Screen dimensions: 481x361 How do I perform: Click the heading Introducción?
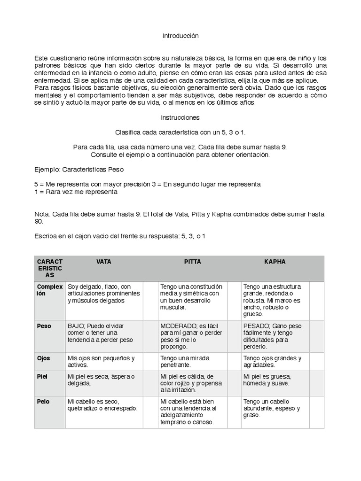tap(180, 36)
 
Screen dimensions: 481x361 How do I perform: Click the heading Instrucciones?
tap(180, 117)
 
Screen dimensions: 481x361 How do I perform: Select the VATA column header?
tap(103, 262)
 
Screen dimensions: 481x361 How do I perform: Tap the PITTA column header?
tap(192, 262)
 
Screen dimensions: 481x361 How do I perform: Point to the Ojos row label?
tap(44, 358)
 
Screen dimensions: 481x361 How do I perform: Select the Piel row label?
tap(43, 376)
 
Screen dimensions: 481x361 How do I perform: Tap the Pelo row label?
tap(43, 402)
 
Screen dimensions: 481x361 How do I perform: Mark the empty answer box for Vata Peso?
tap(150, 336)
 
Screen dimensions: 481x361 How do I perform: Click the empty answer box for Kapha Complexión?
tap(316, 300)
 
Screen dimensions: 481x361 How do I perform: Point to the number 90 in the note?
tap(39, 221)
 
